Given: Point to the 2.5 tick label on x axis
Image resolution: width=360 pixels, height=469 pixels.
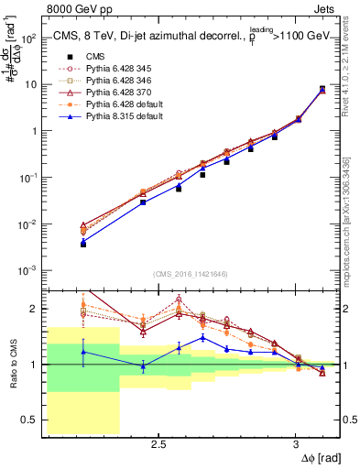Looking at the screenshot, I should click(158, 446).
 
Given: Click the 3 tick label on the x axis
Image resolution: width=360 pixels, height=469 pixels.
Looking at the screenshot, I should click(295, 446).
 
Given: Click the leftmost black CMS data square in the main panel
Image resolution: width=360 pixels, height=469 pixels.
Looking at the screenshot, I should click(83, 245).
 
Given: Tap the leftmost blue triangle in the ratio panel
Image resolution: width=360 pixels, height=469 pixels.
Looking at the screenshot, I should click(83, 352).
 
